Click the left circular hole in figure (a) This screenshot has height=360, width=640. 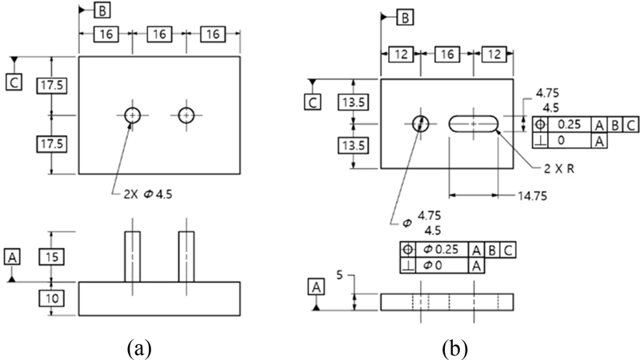(x=132, y=114)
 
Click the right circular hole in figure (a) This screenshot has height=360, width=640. (x=186, y=114)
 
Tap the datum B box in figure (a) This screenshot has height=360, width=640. (x=104, y=10)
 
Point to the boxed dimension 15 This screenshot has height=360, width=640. (x=50, y=257)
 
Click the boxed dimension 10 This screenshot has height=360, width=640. (x=50, y=298)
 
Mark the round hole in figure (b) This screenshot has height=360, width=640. (x=420, y=123)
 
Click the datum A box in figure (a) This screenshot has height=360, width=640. (x=12, y=256)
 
